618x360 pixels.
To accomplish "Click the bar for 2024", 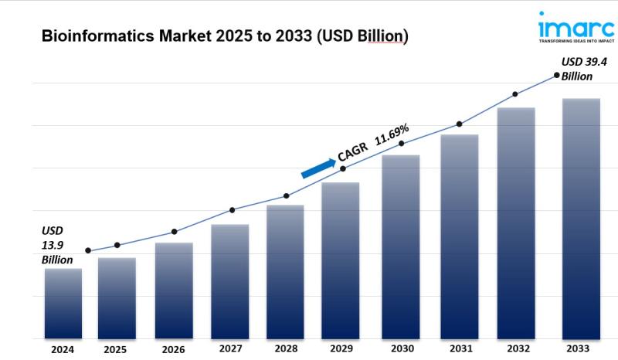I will (63, 303).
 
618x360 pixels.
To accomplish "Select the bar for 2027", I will (230, 281).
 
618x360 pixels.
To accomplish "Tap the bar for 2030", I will (401, 246).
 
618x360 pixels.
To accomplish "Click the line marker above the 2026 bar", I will (175, 232).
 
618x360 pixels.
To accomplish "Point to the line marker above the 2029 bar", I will (343, 168).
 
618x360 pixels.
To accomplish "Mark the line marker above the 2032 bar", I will (515, 94).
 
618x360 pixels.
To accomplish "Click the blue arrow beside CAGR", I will (317, 168).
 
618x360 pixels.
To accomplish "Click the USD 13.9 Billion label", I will (56, 245).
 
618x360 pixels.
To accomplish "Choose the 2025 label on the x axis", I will (115, 350).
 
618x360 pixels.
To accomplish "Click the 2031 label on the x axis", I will (460, 349).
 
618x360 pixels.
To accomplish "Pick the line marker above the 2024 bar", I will (88, 250).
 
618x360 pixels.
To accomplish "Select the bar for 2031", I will (460, 236).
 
